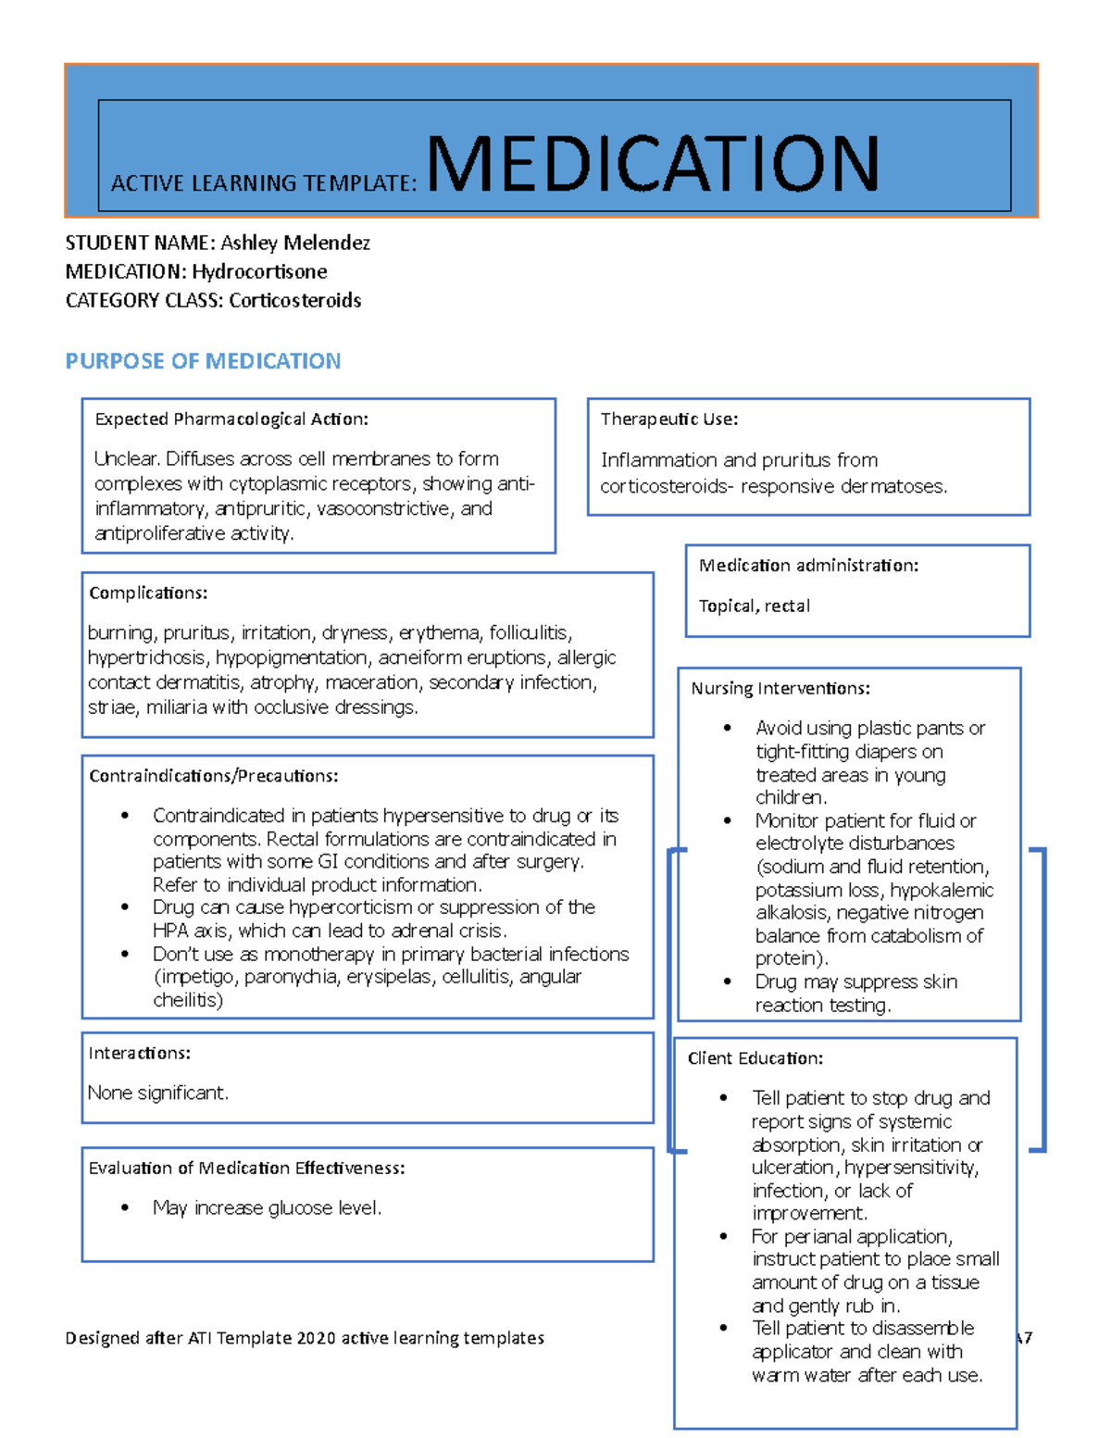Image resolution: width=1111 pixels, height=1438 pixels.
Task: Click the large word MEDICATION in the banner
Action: pos(652,164)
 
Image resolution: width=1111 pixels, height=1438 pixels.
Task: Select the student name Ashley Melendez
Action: pos(294,243)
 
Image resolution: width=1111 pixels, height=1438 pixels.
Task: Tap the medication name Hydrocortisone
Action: pos(259,271)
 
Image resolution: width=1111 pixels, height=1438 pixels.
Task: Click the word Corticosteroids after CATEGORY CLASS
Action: pos(294,300)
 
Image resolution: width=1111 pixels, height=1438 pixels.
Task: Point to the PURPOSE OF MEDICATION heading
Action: pos(203,361)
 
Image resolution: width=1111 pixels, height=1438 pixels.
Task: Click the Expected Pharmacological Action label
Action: pos(231,419)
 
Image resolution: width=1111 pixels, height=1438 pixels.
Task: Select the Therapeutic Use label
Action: pos(668,419)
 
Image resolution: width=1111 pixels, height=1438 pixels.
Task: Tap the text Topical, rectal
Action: pos(754,606)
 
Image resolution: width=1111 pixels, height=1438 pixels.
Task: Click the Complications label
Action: pos(148,593)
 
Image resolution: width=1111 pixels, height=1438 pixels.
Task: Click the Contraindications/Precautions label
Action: pos(213,775)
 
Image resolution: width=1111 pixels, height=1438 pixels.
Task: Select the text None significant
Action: pos(157,1093)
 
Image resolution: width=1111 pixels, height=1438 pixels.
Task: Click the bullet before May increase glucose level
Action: pos(125,1207)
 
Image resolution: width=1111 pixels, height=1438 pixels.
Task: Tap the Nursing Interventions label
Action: pos(780,688)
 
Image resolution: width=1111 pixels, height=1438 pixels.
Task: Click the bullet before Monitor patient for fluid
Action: pos(728,820)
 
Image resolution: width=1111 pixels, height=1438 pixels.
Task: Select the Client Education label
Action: pos(755,1058)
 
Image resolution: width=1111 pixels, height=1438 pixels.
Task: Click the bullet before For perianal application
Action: pos(724,1236)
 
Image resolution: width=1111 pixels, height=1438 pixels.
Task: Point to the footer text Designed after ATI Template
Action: pos(305,1337)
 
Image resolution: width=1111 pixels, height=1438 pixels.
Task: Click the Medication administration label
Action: pos(808,565)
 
